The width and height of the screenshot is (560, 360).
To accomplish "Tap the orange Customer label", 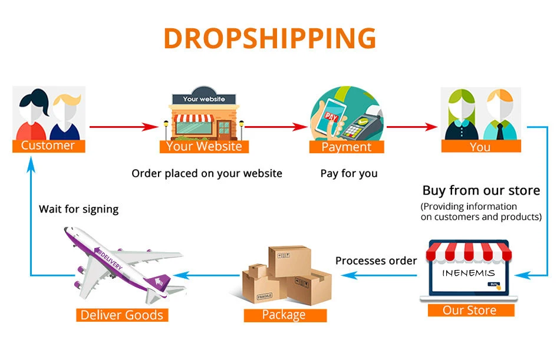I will (48, 145).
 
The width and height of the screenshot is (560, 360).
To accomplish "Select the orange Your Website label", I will (204, 146).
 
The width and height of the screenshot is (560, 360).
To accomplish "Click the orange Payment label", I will (347, 147).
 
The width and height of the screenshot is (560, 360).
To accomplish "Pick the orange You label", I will (480, 146).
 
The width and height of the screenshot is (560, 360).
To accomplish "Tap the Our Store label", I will (469, 310).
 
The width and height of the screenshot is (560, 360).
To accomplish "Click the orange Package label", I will (285, 315).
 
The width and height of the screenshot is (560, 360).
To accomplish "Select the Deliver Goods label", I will (122, 315).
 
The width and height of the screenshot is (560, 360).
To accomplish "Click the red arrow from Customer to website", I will (124, 126).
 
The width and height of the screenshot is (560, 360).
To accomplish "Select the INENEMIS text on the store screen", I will (469, 273).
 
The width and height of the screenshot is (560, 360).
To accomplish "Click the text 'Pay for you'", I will (349, 173).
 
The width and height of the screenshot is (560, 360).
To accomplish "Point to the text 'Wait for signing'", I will (78, 209).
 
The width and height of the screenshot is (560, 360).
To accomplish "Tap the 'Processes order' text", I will (376, 260).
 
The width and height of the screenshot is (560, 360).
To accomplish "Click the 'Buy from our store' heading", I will (481, 190).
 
